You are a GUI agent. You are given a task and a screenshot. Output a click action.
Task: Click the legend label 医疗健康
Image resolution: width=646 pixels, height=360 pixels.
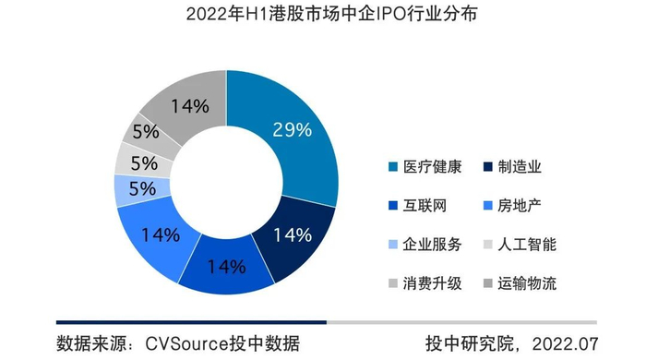point(435,168)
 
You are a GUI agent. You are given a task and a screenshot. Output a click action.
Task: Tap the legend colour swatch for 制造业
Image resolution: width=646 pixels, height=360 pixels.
point(488,168)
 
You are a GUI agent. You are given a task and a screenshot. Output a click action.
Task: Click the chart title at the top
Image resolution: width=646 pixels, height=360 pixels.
point(322,17)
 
